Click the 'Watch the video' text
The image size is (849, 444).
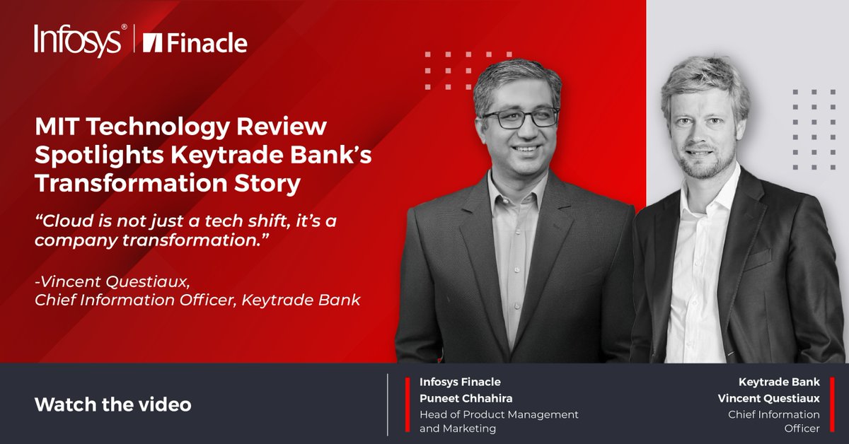pyautogui.click(x=112, y=405)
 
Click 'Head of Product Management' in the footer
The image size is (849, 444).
pyautogui.click(x=499, y=414)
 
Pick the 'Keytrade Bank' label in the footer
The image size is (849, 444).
pyautogui.click(x=779, y=382)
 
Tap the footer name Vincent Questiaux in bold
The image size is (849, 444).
pyautogui.click(x=769, y=398)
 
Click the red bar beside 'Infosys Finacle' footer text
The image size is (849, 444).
pyautogui.click(x=408, y=405)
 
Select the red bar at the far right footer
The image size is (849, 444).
pyautogui.click(x=832, y=405)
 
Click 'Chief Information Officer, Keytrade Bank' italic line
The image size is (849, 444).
pyautogui.click(x=197, y=300)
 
